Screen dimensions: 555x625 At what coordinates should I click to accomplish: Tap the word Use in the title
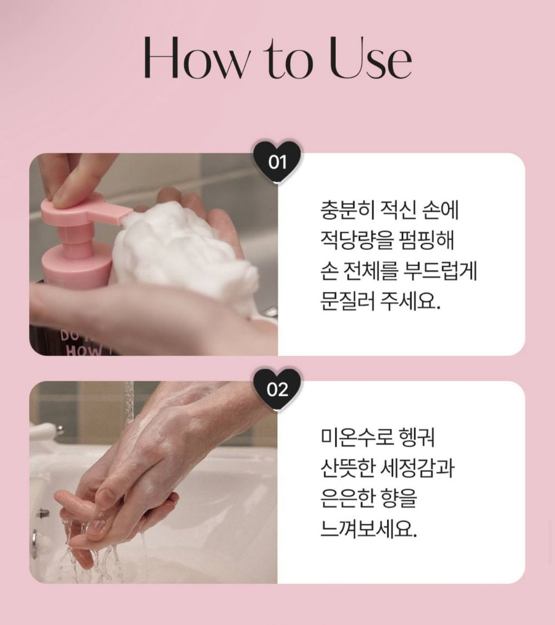(371, 58)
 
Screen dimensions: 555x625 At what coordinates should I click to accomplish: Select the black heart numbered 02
(277, 389)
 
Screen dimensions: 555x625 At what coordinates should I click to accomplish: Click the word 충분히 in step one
(347, 211)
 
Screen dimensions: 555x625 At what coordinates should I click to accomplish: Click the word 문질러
(347, 301)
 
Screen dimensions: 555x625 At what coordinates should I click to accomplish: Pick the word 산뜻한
(347, 468)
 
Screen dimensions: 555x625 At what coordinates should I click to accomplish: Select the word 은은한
(347, 498)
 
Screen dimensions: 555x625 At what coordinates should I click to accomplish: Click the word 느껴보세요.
(369, 529)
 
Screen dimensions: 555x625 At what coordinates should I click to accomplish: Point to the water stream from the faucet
(128, 402)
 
